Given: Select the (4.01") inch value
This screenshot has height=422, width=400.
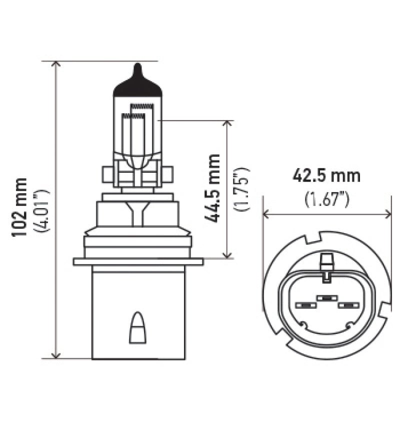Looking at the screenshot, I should [x=42, y=210].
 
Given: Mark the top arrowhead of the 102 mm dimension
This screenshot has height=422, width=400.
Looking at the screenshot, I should [x=56, y=65].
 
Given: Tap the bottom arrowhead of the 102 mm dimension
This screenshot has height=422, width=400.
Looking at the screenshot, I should [x=56, y=354].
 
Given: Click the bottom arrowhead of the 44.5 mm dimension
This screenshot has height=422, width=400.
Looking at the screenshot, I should [x=228, y=255].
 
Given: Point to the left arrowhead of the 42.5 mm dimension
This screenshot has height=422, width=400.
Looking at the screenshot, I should [x=267, y=214].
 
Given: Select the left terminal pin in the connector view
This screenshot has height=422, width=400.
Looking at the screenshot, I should [x=304, y=305].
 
